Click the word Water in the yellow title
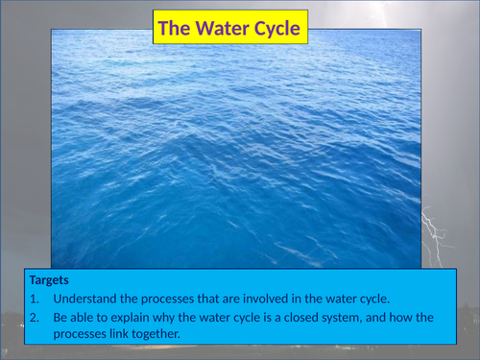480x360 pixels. (x=224, y=29)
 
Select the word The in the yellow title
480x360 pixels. (x=175, y=29)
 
